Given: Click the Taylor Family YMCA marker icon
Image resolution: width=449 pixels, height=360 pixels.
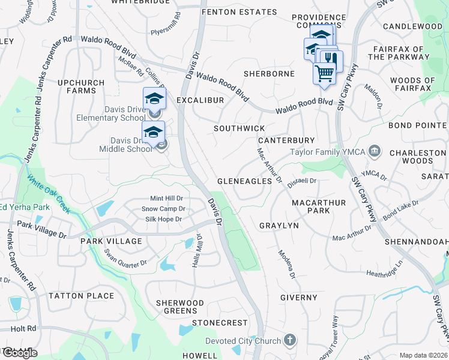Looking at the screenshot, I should click(375, 150).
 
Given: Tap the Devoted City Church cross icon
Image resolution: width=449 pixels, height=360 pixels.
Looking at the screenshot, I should click(290, 341).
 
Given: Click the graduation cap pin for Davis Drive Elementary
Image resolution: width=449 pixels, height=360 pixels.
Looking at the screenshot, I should click(154, 98).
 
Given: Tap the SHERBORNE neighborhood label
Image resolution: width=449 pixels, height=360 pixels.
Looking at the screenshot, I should click(269, 74).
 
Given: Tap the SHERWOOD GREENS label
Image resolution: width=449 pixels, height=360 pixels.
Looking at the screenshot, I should click(180, 307).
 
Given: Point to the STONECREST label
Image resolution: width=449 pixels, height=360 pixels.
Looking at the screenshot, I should click(220, 323).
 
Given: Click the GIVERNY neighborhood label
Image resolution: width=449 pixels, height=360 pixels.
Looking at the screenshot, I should click(298, 298).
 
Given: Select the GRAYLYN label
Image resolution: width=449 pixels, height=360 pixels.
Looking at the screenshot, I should click(279, 226).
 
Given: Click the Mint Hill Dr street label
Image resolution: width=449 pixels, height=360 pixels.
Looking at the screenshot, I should click(166, 199).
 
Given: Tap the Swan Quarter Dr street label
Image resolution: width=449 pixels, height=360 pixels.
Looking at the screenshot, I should click(125, 259).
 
